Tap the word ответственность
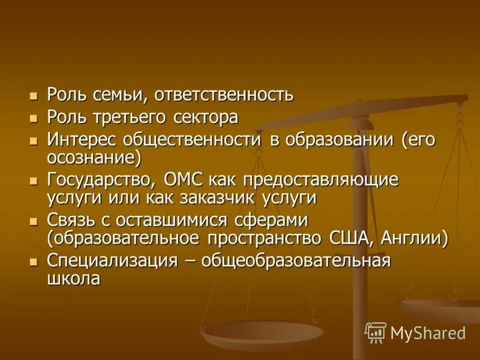pyautogui.click(x=224, y=95)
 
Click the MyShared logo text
pyautogui.click(x=428, y=333)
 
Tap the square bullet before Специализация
pyautogui.click(x=34, y=260)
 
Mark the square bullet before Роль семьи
pyautogui.click(x=34, y=95)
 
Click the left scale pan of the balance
pyautogui.click(x=262, y=334)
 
